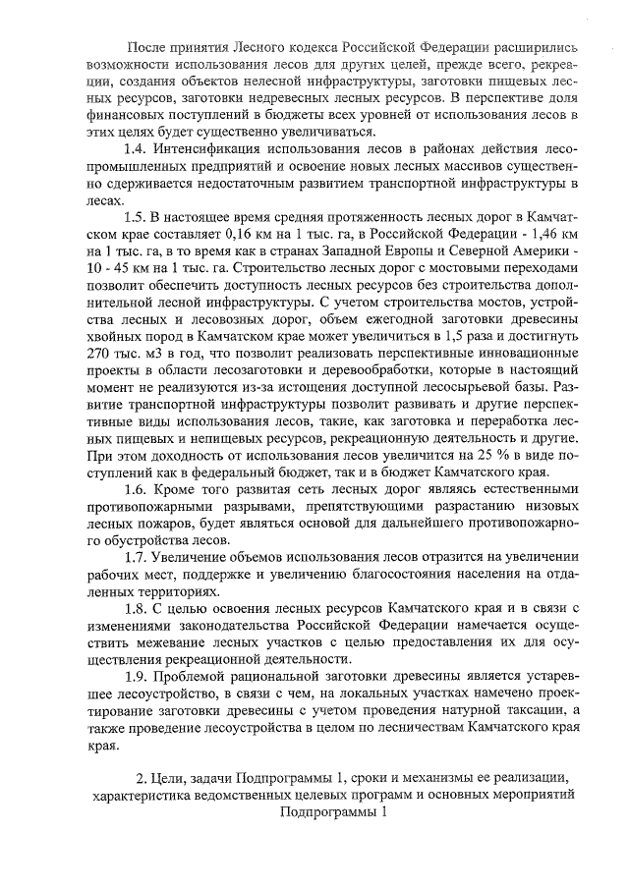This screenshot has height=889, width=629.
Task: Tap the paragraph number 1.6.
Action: pyautogui.click(x=136, y=488)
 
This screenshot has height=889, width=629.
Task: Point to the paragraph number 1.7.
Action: pyautogui.click(x=136, y=557)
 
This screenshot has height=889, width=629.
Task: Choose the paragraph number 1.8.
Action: pyautogui.click(x=136, y=608)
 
